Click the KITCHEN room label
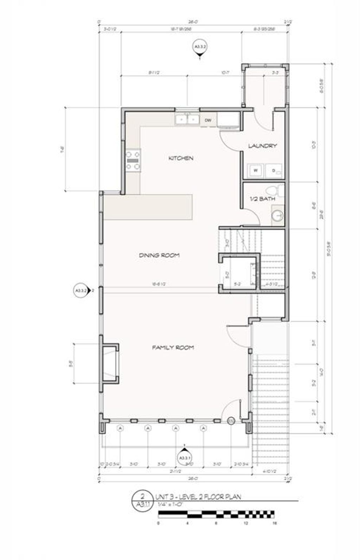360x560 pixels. coord(181,158)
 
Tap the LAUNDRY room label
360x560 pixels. coord(263,146)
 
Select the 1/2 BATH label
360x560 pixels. coord(262,199)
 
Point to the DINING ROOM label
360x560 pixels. coord(159,255)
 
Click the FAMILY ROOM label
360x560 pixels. coord(173,348)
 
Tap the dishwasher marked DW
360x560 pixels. coord(208,120)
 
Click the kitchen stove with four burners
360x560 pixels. coord(133,160)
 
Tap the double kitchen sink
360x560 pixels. coord(187,120)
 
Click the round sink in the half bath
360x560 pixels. coord(278,215)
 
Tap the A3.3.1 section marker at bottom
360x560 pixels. coord(185,458)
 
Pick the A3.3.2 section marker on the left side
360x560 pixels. coord(81,291)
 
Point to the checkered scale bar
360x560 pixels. coord(216,514)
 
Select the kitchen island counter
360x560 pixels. coord(148,207)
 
